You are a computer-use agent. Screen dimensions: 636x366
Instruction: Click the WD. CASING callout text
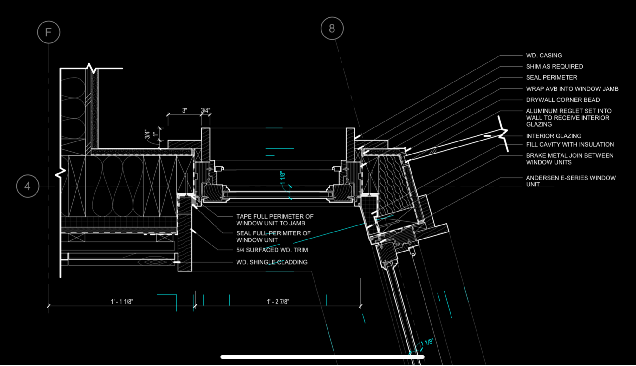[544, 56]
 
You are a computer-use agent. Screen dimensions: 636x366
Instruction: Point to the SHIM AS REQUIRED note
[555, 67]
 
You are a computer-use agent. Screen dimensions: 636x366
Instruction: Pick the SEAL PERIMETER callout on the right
[551, 78]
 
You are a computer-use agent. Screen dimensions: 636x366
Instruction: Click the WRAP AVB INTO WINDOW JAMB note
[572, 89]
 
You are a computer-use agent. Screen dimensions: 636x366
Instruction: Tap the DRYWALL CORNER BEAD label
[563, 100]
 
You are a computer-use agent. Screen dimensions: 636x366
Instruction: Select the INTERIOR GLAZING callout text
[554, 136]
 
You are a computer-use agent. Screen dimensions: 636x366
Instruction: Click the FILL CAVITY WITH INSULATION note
[570, 144]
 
